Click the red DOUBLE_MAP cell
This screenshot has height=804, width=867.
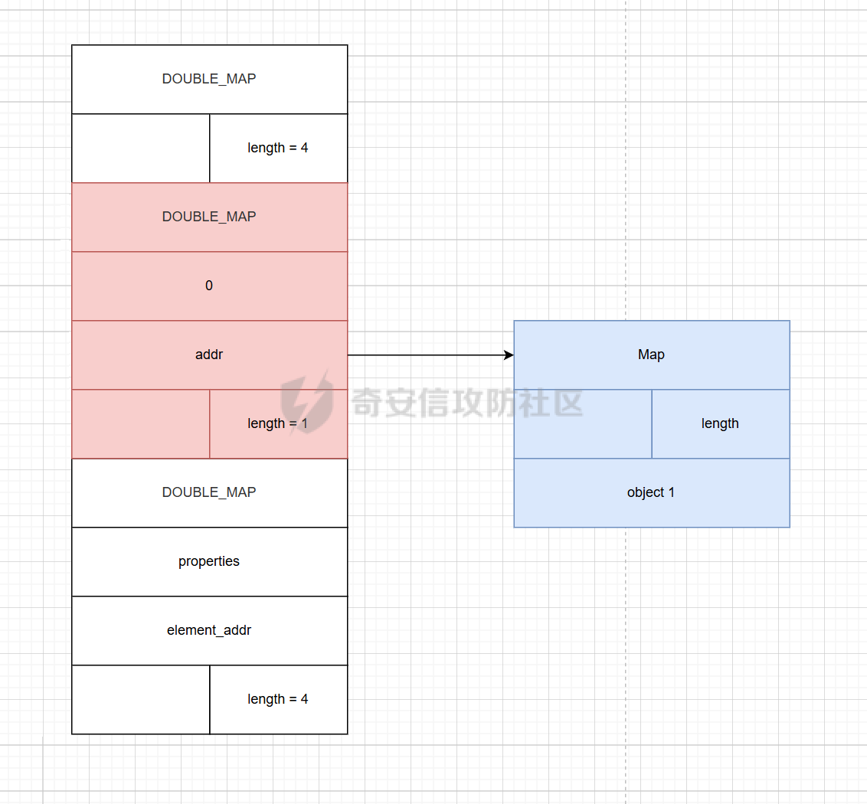click(x=210, y=217)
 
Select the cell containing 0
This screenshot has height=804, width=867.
click(x=210, y=286)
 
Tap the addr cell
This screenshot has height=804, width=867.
click(x=210, y=355)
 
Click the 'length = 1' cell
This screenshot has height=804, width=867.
click(x=279, y=424)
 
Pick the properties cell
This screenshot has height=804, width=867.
click(x=210, y=562)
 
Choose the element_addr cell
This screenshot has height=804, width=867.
click(x=210, y=631)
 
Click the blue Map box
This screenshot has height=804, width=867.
click(x=652, y=355)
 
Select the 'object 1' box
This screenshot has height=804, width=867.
click(x=652, y=492)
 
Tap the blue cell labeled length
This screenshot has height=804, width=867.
click(x=721, y=424)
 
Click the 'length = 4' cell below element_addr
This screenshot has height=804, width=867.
click(x=279, y=700)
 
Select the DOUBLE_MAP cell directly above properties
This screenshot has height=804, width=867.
click(x=210, y=492)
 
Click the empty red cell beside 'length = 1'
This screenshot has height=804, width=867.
click(x=141, y=424)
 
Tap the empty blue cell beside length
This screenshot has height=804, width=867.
click(x=583, y=424)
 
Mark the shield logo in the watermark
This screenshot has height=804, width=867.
click(x=307, y=402)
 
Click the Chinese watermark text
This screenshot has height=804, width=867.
click(x=467, y=403)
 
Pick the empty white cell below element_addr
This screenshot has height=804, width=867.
click(x=141, y=700)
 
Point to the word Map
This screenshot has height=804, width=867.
click(x=651, y=355)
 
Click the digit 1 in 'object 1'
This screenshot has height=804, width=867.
click(x=671, y=492)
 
